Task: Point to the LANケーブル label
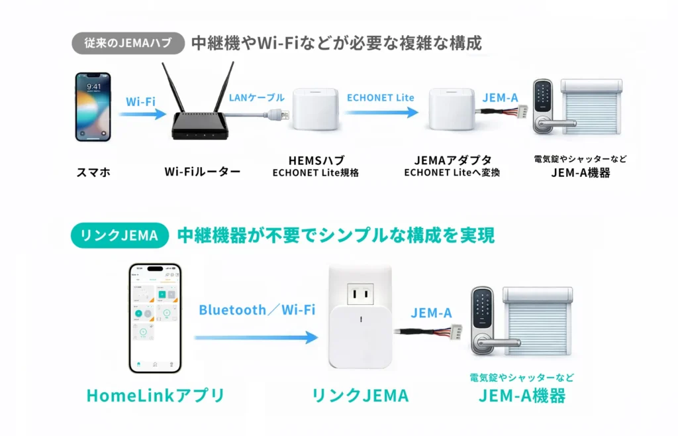[x=257, y=97]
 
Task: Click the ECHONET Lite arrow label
[x=380, y=97]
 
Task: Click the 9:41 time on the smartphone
[x=94, y=86]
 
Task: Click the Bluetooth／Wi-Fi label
[x=257, y=309]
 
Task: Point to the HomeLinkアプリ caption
[x=156, y=396]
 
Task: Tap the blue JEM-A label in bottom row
[x=431, y=313]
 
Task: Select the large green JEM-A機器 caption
[x=522, y=396]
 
